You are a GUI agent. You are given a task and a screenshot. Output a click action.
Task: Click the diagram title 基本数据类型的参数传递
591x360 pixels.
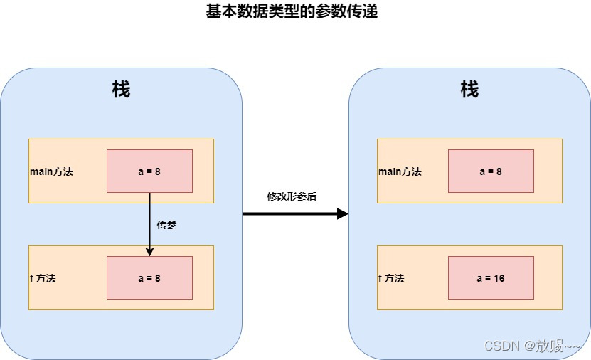click(292, 11)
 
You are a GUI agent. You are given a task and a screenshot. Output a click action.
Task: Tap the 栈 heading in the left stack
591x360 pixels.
click(121, 90)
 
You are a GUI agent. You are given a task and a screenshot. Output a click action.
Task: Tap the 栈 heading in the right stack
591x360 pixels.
click(469, 90)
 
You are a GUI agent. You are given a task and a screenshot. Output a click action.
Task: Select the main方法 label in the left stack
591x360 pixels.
click(51, 171)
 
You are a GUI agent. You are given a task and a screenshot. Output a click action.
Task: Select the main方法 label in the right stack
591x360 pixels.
click(400, 171)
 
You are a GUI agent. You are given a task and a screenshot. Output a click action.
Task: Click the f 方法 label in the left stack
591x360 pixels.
click(43, 278)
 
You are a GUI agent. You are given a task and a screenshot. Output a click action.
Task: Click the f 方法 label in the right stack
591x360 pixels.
click(391, 278)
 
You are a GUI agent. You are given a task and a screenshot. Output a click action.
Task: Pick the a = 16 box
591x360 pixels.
click(491, 278)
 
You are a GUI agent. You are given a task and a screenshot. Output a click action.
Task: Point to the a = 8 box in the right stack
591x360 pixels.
click(491, 171)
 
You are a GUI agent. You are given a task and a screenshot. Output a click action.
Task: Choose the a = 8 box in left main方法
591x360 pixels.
click(149, 171)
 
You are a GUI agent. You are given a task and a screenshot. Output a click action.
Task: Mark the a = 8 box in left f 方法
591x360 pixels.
click(149, 278)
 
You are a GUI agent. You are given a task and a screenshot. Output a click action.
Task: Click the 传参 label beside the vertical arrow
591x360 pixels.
click(166, 225)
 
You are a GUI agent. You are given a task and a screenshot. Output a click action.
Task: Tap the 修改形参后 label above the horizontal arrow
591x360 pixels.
click(292, 196)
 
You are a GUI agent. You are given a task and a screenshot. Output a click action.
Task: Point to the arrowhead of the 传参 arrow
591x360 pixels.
click(149, 251)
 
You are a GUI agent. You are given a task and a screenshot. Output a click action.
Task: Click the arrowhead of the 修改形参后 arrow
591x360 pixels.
click(342, 213)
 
